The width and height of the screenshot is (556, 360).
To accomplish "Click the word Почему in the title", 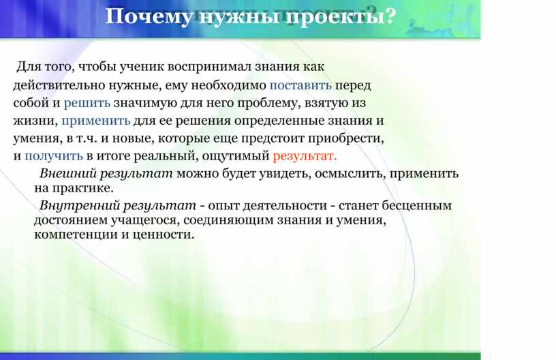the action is click(149, 17).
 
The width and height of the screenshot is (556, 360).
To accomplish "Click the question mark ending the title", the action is click(390, 16).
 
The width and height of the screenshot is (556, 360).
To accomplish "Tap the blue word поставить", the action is click(300, 85).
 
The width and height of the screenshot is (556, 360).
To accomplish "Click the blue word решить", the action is click(87, 103).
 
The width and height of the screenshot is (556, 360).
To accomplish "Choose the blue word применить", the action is click(96, 121).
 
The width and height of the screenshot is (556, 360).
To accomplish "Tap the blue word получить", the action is click(54, 156).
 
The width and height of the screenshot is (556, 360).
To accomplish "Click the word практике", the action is click(82, 188).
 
